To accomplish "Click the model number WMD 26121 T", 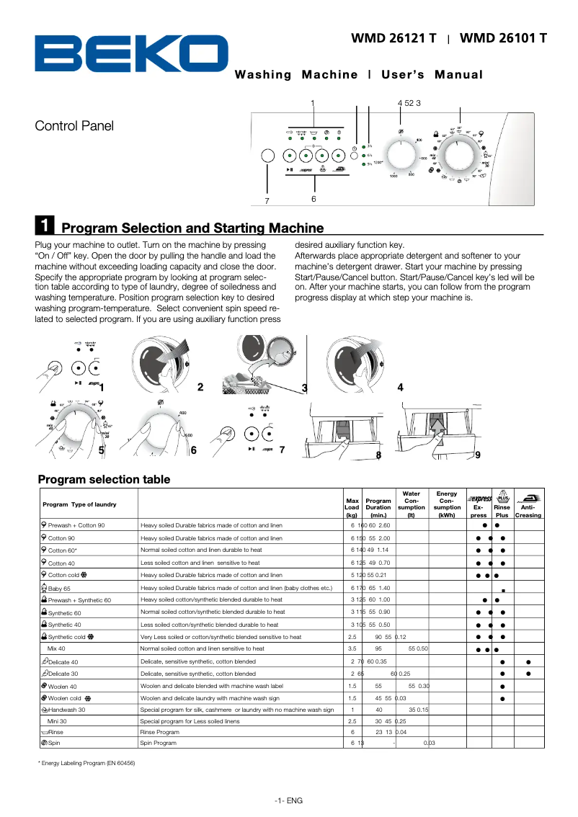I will tap(394, 38).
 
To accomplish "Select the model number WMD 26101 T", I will tap(503, 38).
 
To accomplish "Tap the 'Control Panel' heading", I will tap(74, 126).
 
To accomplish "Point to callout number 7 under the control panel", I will tap(267, 200).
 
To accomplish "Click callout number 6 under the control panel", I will tap(314, 198).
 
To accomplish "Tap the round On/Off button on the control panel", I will tap(267, 156).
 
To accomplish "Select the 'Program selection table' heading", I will tap(104, 480).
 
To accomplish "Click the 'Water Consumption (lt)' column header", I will tap(411, 505).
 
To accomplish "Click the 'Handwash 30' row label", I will tap(67, 710).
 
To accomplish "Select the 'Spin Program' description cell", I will tap(159, 743).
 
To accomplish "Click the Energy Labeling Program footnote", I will tap(86, 763).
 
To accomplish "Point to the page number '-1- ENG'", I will tap(288, 801).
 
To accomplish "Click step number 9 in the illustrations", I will tap(477, 455).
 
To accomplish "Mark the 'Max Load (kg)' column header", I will tap(352, 508).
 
